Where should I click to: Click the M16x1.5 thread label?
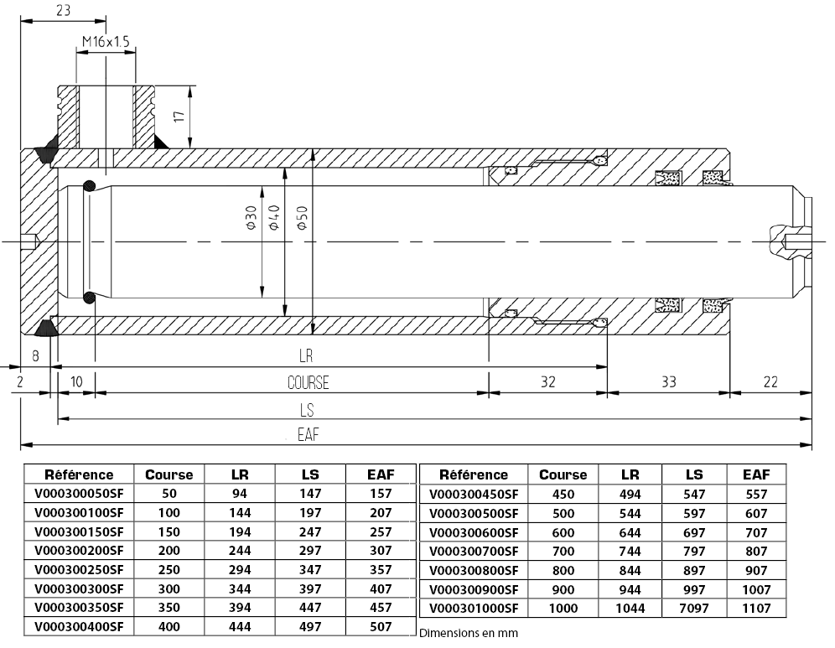pyautogui.click(x=106, y=41)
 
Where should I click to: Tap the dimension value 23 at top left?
pyautogui.click(x=61, y=10)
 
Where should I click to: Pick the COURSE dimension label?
pyautogui.click(x=308, y=383)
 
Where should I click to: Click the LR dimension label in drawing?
pyautogui.click(x=305, y=356)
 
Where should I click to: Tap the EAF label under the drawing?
pyautogui.click(x=308, y=435)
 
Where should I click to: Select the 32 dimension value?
pyautogui.click(x=547, y=382)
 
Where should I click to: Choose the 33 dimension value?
pyautogui.click(x=668, y=382)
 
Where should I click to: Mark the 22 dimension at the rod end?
pyautogui.click(x=770, y=382)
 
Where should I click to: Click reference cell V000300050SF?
pyautogui.click(x=79, y=495)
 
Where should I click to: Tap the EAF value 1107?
pyautogui.click(x=756, y=609)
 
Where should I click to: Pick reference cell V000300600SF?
pyautogui.click(x=474, y=532)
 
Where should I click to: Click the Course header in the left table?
pyautogui.click(x=169, y=474)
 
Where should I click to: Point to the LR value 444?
pyautogui.click(x=239, y=627)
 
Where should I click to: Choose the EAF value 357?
pyautogui.click(x=381, y=570)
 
